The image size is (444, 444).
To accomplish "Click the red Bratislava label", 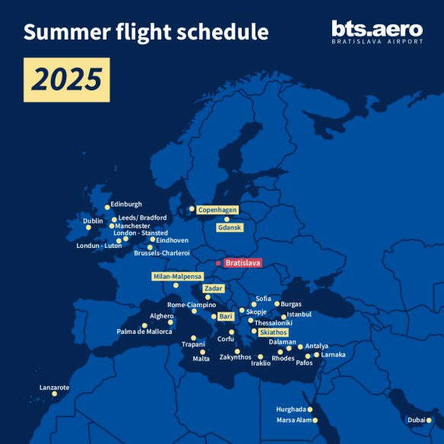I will click(x=243, y=263).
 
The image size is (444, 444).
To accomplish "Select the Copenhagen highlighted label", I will click(x=218, y=209).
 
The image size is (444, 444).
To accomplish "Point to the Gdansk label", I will click(x=229, y=227).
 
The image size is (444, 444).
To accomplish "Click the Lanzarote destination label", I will click(x=55, y=387).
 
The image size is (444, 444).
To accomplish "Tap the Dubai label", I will click(x=417, y=420).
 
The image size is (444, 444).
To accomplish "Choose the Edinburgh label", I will click(x=126, y=204).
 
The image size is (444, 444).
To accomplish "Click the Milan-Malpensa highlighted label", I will click(x=177, y=276).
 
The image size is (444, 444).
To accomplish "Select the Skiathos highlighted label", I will click(x=274, y=332).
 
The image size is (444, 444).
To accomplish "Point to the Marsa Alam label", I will click(x=293, y=420).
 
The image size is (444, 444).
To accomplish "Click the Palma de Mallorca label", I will click(x=144, y=331).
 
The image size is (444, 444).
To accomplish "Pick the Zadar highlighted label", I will click(x=214, y=289).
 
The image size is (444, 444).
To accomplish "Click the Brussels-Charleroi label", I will click(x=161, y=252).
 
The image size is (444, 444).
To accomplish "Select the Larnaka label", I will click(x=333, y=354).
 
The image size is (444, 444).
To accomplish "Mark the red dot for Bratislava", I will click(x=218, y=263).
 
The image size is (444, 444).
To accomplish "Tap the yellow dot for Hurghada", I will click(x=310, y=409).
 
